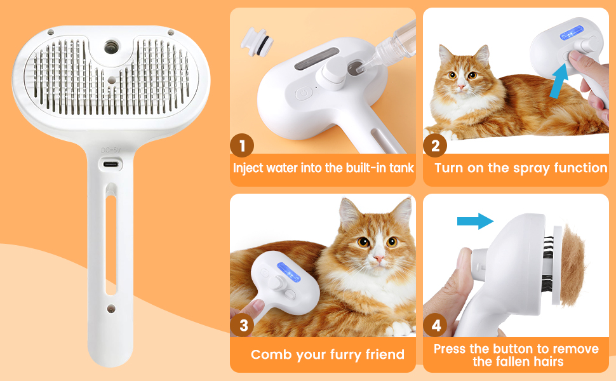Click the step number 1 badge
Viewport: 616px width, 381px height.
pos(242,145)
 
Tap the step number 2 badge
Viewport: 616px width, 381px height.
pos(435,145)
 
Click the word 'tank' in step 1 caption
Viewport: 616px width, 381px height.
pos(399,168)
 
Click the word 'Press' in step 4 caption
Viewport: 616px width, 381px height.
pos(452,349)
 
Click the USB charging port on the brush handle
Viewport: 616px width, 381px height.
pos(111,164)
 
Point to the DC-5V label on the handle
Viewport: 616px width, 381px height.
pos(110,150)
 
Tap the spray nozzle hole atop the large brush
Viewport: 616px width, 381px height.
pos(111,46)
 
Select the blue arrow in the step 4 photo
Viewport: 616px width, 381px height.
pos(475,221)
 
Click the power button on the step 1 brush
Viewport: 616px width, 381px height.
pos(304,93)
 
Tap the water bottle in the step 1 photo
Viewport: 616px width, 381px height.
pos(387,45)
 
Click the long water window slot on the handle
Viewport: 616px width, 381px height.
pos(110,244)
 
